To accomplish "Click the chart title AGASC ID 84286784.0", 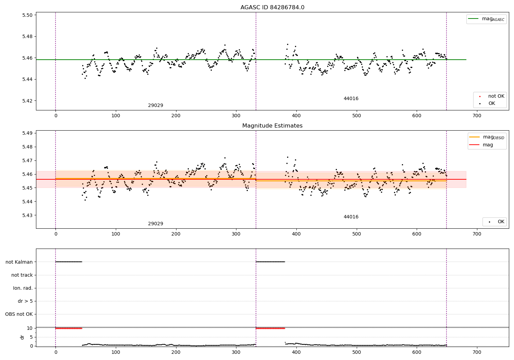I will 272,8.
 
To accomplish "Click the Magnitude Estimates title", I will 272,126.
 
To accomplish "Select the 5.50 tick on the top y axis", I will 28,15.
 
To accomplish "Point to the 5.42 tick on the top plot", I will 28,101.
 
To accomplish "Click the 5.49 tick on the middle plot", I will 28,133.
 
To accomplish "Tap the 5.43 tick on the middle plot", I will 28,215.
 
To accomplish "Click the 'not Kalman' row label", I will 19,262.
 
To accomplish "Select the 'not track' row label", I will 22,275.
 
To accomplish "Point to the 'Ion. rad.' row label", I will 23,288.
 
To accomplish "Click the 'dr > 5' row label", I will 25,301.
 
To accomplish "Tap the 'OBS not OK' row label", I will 19,314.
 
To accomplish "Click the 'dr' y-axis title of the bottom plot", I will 22,337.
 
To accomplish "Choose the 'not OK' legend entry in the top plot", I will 496,96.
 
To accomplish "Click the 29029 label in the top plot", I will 156,105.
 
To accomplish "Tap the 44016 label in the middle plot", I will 351,217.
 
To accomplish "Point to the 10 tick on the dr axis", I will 30,328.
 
